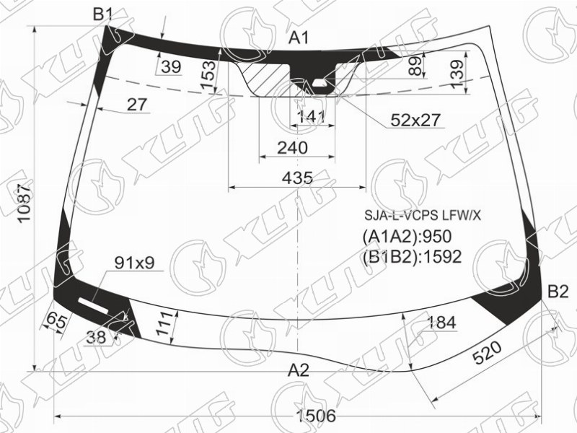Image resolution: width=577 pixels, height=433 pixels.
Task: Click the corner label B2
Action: point(558,292)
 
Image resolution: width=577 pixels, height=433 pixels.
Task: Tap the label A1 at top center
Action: point(299,38)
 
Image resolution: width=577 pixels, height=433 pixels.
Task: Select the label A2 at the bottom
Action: point(299,370)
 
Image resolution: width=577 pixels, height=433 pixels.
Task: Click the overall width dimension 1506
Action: point(316,416)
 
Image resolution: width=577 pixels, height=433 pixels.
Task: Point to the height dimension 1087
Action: point(25,204)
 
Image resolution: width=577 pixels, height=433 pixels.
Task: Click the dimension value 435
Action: point(297,178)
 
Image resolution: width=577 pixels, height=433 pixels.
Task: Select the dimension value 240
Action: point(292,148)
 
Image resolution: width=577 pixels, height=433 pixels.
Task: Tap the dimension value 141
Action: point(311,117)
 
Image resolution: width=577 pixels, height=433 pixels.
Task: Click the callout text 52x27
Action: point(415,120)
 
